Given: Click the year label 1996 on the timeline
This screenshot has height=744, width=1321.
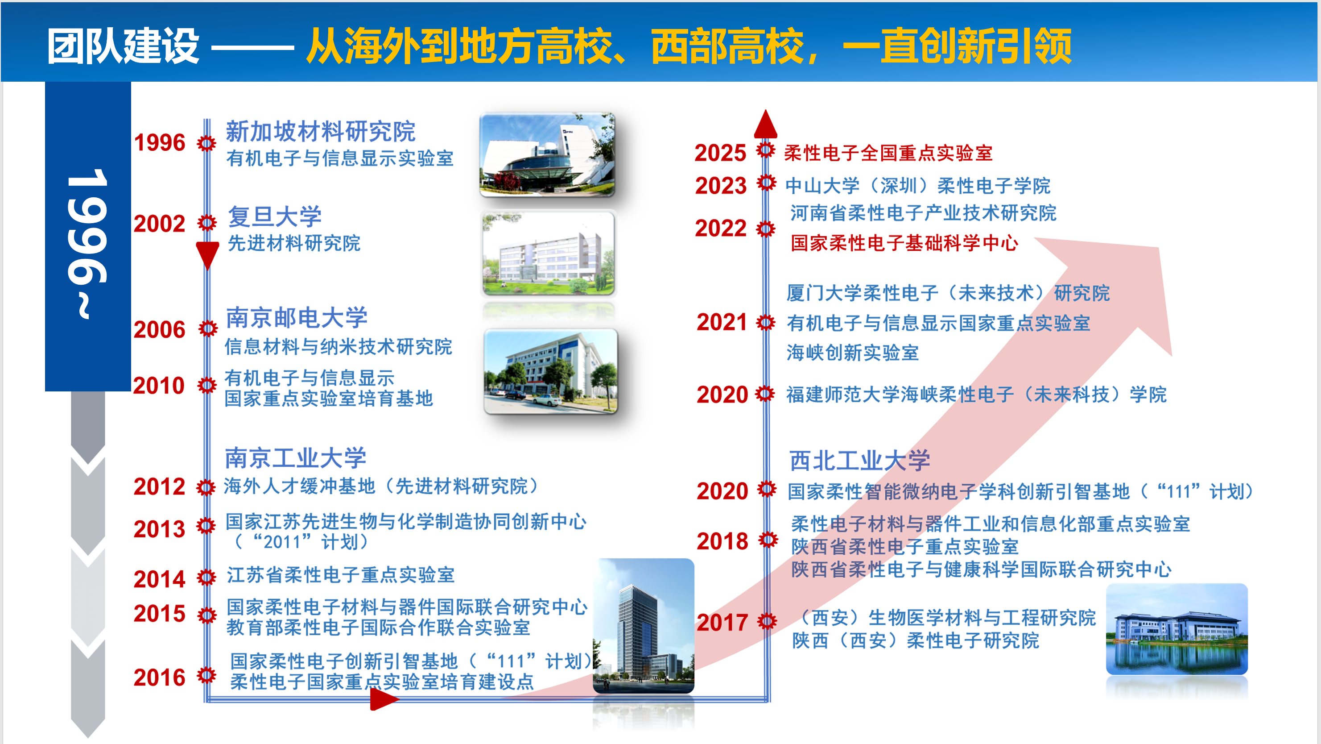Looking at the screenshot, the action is (x=160, y=143).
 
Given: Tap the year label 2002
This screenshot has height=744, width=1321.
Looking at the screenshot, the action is (x=160, y=224).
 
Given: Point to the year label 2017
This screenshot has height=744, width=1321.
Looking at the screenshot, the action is (x=722, y=623).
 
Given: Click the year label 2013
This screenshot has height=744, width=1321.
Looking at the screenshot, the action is (x=160, y=529).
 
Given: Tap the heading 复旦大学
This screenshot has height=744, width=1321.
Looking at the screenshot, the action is (x=275, y=216).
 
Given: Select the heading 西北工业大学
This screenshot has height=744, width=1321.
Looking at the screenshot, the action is (x=860, y=460).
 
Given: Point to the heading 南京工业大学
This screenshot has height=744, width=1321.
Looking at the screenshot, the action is (x=296, y=457).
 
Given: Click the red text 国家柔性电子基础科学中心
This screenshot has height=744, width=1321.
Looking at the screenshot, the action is (x=904, y=243).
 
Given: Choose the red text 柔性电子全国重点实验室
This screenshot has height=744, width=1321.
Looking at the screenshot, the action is (x=888, y=153).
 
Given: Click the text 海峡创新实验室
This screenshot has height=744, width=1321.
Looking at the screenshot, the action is (x=852, y=353).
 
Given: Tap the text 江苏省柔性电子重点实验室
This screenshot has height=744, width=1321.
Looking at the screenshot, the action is (x=340, y=575).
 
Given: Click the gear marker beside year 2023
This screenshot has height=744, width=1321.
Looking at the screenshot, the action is (x=766, y=182).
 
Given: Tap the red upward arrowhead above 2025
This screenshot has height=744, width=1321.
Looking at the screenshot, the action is (x=766, y=124).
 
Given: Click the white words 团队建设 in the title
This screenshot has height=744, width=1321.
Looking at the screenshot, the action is (x=123, y=46).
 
